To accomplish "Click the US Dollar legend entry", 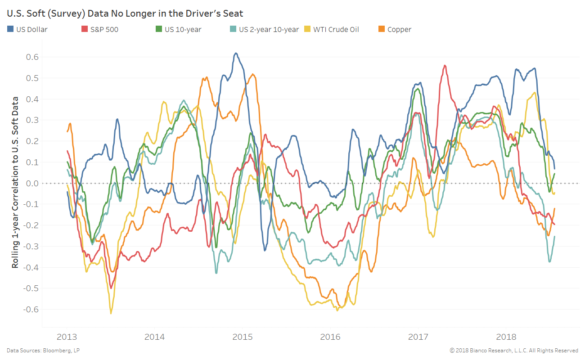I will pos(27,30).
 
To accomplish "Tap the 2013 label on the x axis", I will pos(67,337).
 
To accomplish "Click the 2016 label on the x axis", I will pos(331,337).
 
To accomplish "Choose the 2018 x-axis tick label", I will pos(507,337).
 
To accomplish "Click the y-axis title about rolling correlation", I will pos(15,182).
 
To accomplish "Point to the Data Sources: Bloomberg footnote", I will pos(43,350).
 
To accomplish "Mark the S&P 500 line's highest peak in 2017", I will pos(445,66).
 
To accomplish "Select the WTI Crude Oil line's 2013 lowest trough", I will pos(111,313).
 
